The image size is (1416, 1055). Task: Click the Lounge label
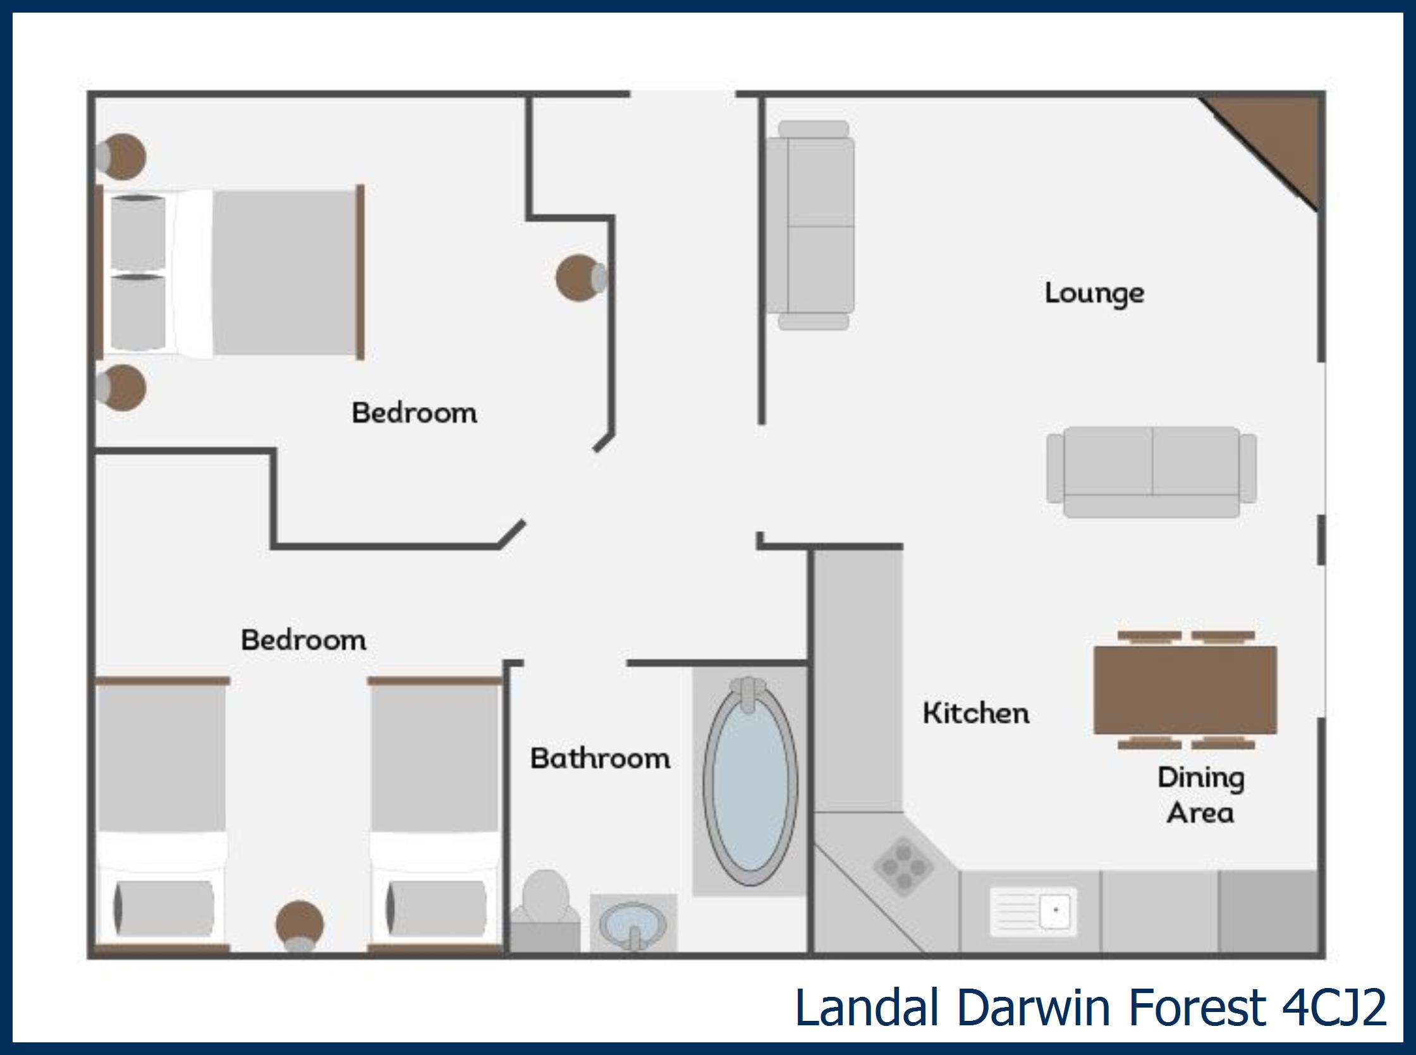(x=1094, y=294)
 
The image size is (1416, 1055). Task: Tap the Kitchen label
(x=976, y=712)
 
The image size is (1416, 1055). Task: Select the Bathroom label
(x=601, y=758)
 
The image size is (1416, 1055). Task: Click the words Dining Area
(x=1201, y=795)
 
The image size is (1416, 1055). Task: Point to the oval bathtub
(x=750, y=782)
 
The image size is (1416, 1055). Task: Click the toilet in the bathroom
(x=545, y=910)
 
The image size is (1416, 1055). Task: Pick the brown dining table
(x=1185, y=690)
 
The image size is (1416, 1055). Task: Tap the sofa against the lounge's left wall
(x=810, y=226)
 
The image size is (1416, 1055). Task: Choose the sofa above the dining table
(x=1152, y=472)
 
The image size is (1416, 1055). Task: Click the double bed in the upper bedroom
(x=230, y=272)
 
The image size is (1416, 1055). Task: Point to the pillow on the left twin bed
(x=164, y=908)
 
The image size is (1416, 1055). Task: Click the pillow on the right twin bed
(x=436, y=908)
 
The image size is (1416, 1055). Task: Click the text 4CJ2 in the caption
(x=1334, y=1008)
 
